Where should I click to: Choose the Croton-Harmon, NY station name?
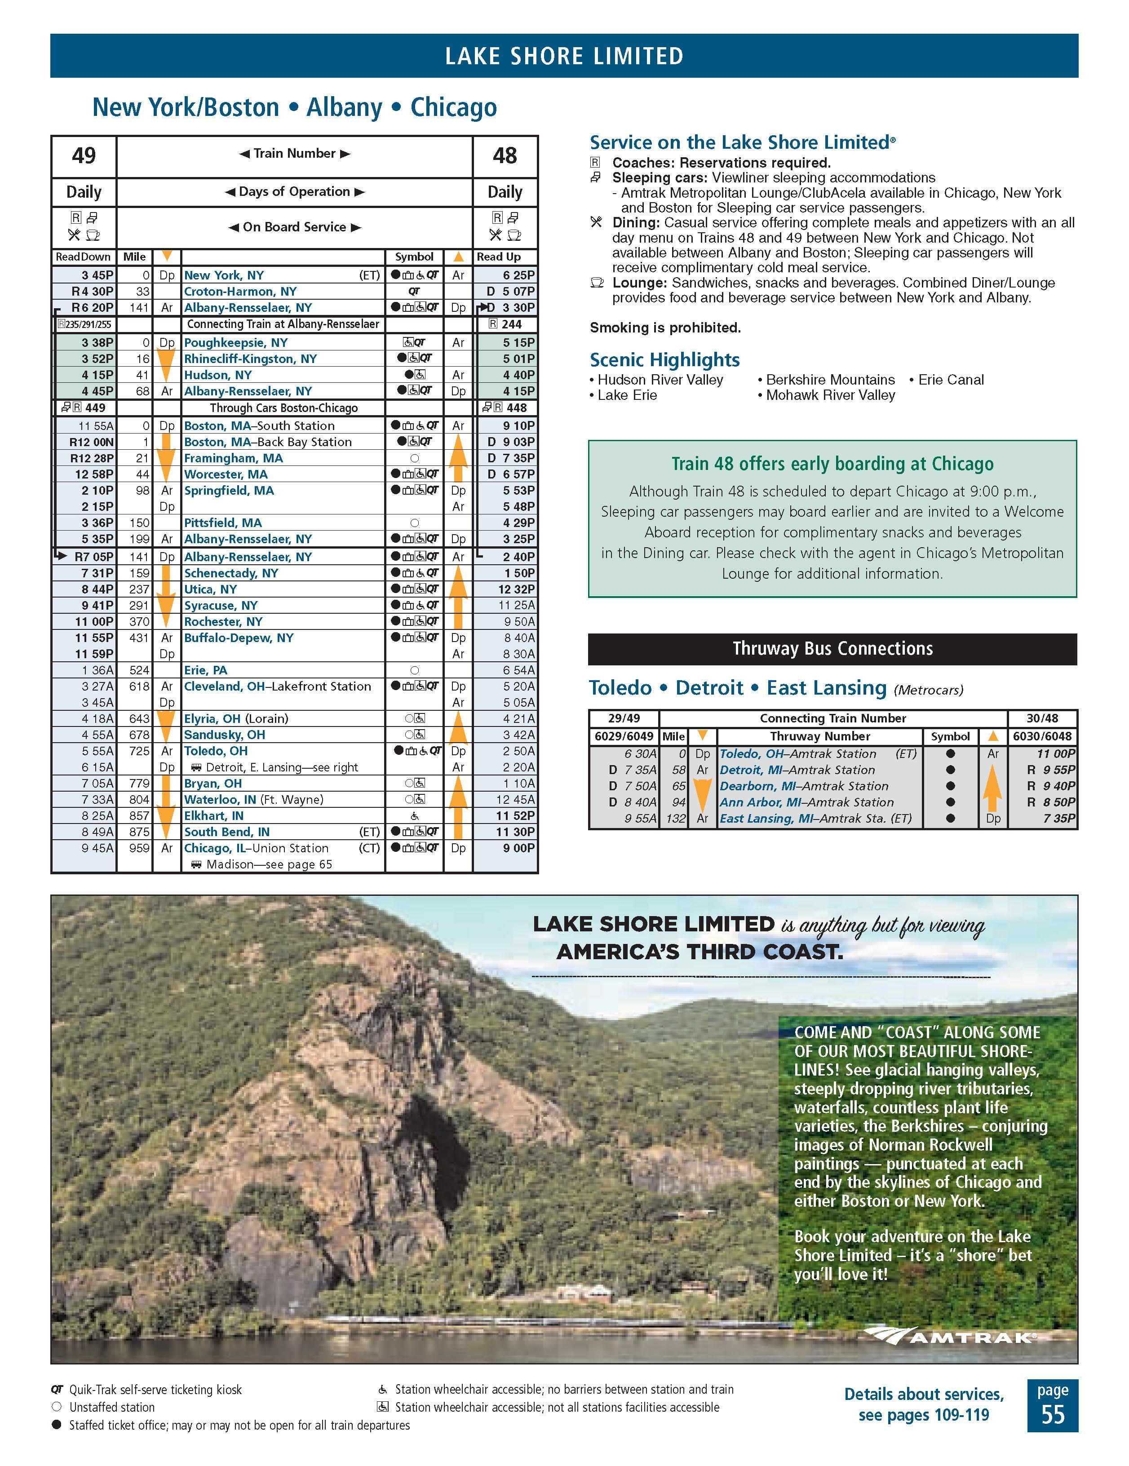tap(239, 291)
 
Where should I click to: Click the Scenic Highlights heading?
tap(664, 360)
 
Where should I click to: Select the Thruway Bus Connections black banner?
tap(832, 648)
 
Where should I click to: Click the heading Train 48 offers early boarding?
tap(832, 464)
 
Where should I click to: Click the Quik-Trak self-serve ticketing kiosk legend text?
tap(155, 1390)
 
